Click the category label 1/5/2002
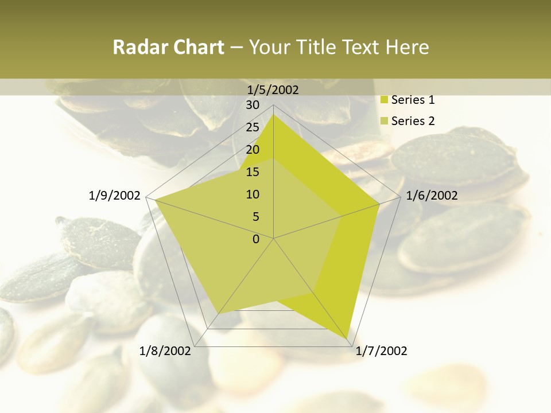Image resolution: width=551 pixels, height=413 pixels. [x=273, y=89]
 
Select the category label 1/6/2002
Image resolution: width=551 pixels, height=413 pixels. [x=432, y=196]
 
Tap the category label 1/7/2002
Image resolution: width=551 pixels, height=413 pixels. [x=381, y=351]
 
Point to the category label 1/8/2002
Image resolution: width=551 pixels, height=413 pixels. [x=165, y=351]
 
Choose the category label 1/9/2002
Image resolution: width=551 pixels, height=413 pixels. [x=115, y=196]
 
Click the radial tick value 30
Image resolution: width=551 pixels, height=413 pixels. [x=253, y=105]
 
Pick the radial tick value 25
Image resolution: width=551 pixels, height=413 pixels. [x=253, y=127]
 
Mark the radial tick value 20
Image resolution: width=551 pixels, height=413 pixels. [x=253, y=150]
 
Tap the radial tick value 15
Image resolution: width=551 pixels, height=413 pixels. [x=253, y=172]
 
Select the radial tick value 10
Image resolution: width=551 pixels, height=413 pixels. [x=253, y=194]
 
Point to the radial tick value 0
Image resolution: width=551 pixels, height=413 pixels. [x=256, y=239]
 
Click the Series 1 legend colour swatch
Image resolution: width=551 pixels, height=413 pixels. [x=385, y=100]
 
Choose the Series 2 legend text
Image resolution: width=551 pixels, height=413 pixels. [x=413, y=121]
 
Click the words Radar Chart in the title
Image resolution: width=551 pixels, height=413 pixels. [x=168, y=48]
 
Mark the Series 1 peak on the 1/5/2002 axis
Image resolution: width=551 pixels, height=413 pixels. [x=273, y=114]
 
